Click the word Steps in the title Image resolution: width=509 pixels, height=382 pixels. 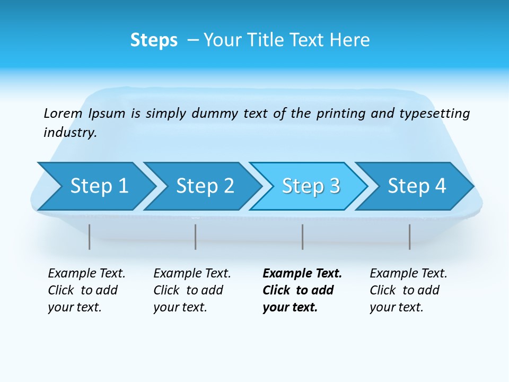(154, 40)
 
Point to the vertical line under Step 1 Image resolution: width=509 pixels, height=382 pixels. (90, 237)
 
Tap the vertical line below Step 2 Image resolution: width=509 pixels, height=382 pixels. (196, 237)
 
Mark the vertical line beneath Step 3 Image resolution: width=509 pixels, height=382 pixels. (303, 237)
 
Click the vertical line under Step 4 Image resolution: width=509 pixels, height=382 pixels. (409, 237)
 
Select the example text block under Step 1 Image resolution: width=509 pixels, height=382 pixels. (86, 290)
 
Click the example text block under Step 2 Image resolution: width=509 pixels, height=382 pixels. (192, 290)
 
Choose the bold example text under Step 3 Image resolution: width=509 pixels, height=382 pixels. (302, 290)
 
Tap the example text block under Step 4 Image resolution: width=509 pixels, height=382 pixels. (408, 290)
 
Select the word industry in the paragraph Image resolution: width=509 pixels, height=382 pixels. (70, 133)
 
